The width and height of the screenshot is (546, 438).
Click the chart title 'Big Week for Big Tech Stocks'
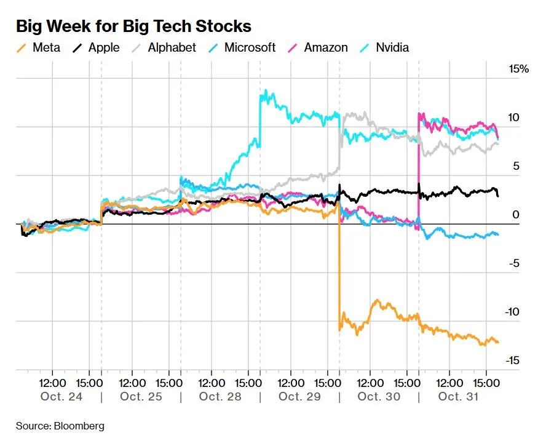pos(133,26)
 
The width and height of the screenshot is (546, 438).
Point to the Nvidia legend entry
pos(386,47)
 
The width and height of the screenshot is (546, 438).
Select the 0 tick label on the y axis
pos(516,215)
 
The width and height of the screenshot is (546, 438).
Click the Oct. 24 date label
pos(61,396)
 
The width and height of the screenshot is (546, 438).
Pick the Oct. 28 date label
pos(220,396)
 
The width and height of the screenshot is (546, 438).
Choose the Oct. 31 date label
pos(459,396)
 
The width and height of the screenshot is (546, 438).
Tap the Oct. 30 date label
pos(379,396)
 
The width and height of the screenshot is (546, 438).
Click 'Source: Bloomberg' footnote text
pos(60,426)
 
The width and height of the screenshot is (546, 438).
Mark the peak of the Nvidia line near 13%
pos(265,92)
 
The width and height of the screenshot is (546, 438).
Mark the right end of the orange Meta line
pos(497,342)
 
